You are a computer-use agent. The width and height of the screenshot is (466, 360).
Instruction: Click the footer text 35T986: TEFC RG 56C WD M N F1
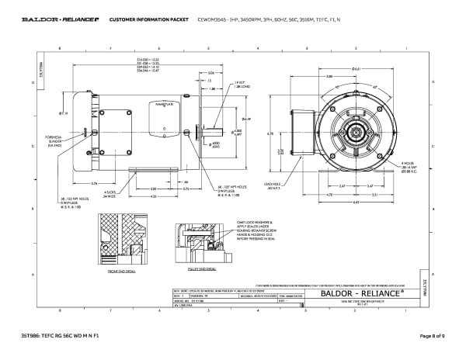(61, 335)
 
